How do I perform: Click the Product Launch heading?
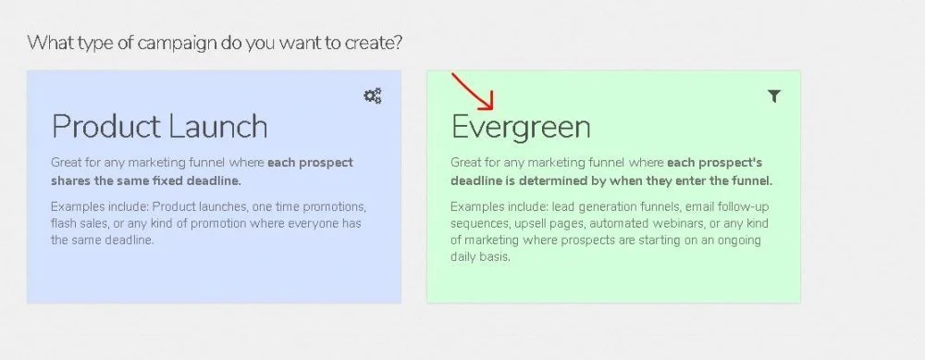pos(159,126)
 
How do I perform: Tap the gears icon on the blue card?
pos(372,95)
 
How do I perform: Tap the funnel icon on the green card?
pos(774,96)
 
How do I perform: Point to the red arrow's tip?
pos(493,109)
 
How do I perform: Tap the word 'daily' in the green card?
pos(463,257)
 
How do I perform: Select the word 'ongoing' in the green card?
pos(740,241)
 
